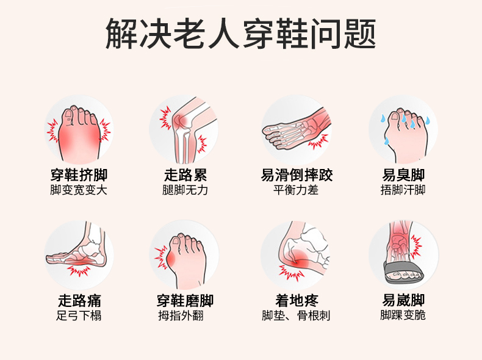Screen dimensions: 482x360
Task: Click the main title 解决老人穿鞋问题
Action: tap(240, 34)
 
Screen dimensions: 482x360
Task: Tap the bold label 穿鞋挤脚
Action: tap(79, 175)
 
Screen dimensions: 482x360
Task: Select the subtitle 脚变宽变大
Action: tap(79, 190)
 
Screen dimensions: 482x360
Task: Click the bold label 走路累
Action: tap(185, 175)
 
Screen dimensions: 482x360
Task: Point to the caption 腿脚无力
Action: tap(185, 190)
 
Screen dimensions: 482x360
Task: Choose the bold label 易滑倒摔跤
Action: tap(297, 175)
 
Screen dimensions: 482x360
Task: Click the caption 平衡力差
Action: tap(296, 190)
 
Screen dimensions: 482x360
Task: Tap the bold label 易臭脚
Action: tap(403, 175)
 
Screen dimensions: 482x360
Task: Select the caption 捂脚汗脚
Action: tap(403, 190)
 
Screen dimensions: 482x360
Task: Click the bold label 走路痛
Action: tap(79, 300)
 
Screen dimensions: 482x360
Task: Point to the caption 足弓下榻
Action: tap(79, 315)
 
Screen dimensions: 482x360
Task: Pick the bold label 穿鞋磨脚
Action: tap(185, 300)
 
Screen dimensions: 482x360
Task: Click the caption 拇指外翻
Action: tap(181, 315)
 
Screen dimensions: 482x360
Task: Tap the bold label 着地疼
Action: tap(297, 300)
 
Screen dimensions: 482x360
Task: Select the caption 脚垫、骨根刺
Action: tap(296, 315)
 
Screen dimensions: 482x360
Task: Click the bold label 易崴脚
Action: tap(403, 300)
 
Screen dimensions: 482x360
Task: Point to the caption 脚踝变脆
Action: tap(403, 315)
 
